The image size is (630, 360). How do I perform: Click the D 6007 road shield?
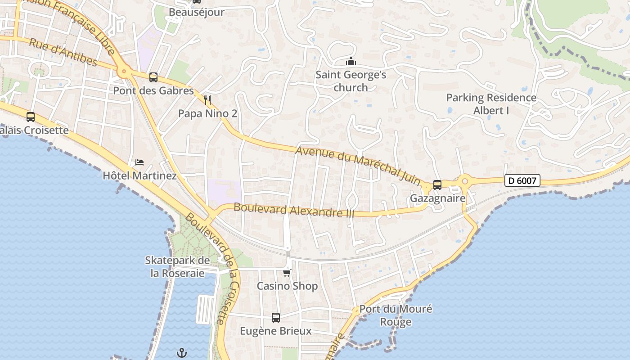[522, 181]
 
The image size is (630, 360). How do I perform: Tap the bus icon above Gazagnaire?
[437, 184]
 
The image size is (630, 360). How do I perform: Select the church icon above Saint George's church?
[351, 61]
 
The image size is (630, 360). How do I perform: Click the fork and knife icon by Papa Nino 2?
[207, 100]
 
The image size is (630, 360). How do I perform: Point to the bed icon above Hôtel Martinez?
[139, 162]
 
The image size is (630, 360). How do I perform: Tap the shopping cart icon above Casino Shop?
[287, 273]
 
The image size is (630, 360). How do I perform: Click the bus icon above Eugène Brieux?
[276, 318]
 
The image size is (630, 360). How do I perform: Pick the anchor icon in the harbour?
[181, 353]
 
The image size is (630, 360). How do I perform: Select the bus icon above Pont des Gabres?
[153, 77]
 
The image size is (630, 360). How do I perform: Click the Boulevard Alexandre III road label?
[294, 210]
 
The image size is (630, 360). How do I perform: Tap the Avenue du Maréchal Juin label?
[358, 166]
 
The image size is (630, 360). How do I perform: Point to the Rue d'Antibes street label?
[63, 52]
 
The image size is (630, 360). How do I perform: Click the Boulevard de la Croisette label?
[212, 268]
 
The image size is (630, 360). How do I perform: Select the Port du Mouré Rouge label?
[396, 315]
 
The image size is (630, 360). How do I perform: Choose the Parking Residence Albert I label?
[491, 104]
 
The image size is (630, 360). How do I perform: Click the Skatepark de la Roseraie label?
[177, 267]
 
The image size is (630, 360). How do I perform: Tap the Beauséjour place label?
[196, 12]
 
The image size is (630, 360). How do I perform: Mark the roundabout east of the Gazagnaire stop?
[464, 181]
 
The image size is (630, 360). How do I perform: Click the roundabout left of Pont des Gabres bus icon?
[123, 72]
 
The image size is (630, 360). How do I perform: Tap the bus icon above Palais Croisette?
[31, 117]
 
